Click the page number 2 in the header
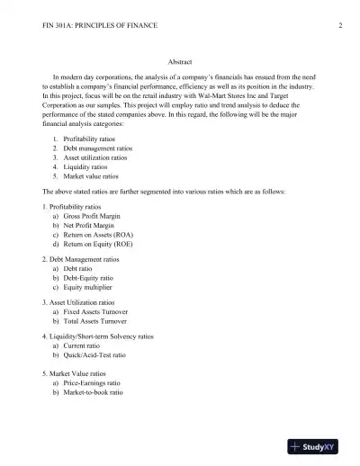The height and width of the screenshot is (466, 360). coord(341,24)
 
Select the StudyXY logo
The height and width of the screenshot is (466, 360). coord(319,445)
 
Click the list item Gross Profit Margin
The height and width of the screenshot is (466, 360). coord(94,218)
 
